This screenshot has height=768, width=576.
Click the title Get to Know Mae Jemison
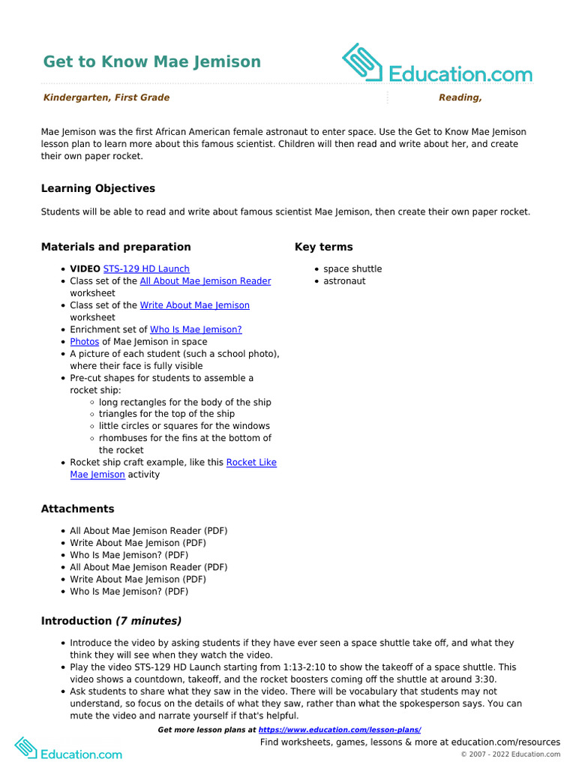pyautogui.click(x=151, y=61)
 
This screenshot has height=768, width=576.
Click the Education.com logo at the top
pyautogui.click(x=437, y=64)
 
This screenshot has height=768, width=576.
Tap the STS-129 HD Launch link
pyautogui.click(x=146, y=268)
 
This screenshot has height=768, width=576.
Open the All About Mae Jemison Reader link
pyautogui.click(x=205, y=281)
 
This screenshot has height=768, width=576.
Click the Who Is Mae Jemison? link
pyautogui.click(x=196, y=329)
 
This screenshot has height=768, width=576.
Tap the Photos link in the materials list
pyautogui.click(x=85, y=341)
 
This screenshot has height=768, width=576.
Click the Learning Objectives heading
pyautogui.click(x=98, y=188)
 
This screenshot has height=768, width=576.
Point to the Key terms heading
pyautogui.click(x=323, y=247)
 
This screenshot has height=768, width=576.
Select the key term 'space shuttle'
pyautogui.click(x=352, y=268)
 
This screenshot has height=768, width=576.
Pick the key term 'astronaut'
pyautogui.click(x=344, y=281)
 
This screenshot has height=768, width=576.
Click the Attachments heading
pyautogui.click(x=77, y=508)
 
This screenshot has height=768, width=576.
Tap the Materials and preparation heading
pyautogui.click(x=115, y=247)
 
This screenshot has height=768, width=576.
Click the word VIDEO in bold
pyautogui.click(x=85, y=268)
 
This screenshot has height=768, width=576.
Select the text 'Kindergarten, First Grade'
pyautogui.click(x=106, y=97)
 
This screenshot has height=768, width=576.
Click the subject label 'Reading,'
pyautogui.click(x=460, y=97)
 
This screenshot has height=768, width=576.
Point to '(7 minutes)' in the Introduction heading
pyautogui.click(x=148, y=621)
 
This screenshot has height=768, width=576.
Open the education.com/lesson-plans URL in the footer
pyautogui.click(x=339, y=730)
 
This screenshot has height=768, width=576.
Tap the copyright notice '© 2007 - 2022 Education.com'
pyautogui.click(x=510, y=754)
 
